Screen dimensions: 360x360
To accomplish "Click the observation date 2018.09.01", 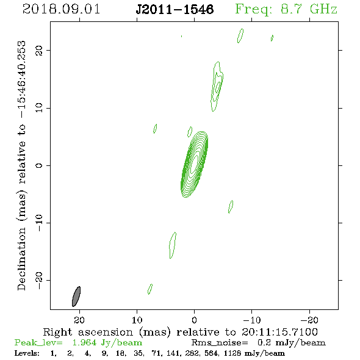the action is (61, 9).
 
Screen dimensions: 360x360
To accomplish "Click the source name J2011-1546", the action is (175, 10).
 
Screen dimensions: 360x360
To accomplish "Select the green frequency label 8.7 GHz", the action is (309, 9).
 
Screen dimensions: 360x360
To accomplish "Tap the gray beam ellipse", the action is (76, 297).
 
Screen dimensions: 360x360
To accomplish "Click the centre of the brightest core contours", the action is (195, 164).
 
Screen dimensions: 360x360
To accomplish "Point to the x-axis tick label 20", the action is (79, 320).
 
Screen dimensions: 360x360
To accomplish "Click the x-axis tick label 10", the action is (137, 320).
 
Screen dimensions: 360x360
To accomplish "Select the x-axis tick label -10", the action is (252, 320).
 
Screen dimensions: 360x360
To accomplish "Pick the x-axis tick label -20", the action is (309, 320).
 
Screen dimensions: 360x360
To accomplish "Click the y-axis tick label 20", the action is (39, 50).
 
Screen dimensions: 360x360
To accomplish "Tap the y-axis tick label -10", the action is (39, 223).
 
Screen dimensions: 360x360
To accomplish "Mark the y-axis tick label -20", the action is (39, 280).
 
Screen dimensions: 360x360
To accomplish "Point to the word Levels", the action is (27, 353).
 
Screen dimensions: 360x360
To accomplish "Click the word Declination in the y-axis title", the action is (21, 259).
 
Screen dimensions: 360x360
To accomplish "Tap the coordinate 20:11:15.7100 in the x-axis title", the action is (279, 332).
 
